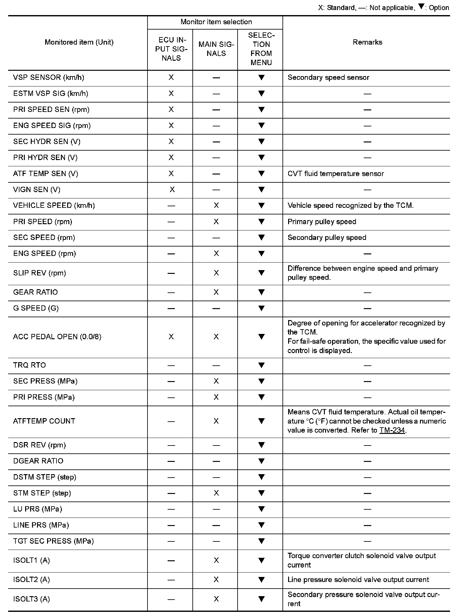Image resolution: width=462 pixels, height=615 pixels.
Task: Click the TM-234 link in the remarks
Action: [x=392, y=430]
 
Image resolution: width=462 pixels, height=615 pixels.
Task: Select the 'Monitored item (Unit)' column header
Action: [x=79, y=42]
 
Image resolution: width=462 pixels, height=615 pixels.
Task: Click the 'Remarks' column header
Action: [x=367, y=42]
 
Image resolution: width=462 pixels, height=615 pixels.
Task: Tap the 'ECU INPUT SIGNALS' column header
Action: [x=171, y=49]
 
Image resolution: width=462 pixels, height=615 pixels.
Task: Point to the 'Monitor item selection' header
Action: [x=216, y=22]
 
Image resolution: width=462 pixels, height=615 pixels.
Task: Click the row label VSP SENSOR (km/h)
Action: [x=49, y=78]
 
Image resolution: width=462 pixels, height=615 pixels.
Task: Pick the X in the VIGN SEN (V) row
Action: [x=172, y=190]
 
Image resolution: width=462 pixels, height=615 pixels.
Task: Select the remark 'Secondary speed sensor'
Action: [x=328, y=78]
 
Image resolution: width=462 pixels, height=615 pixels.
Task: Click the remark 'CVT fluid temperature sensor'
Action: [x=336, y=174]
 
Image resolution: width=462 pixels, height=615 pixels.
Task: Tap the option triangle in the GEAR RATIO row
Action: [x=261, y=292]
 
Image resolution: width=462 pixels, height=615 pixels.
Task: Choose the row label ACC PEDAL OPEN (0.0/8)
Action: [x=57, y=337]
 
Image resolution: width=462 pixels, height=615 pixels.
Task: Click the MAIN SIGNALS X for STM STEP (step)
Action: [x=216, y=493]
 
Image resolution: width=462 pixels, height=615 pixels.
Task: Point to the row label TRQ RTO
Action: [x=30, y=365]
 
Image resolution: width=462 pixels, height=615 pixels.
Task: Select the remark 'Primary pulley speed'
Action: [x=322, y=222]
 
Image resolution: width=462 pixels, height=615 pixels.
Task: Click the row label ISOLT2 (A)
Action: [x=31, y=579]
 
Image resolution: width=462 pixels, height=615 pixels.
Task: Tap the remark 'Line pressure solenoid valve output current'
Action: [x=358, y=579]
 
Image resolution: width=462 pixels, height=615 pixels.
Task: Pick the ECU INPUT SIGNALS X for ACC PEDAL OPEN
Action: [x=171, y=337]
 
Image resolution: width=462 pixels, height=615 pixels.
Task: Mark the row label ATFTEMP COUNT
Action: [x=44, y=421]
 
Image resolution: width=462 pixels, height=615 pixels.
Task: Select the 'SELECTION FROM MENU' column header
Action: [x=261, y=49]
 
